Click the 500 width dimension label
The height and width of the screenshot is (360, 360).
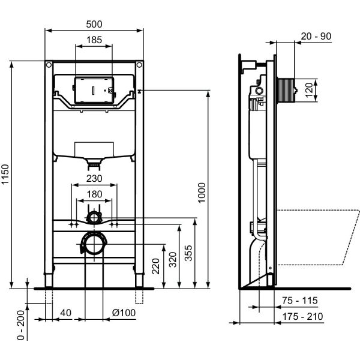tap(94, 23)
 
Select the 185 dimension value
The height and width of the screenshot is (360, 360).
tap(94, 40)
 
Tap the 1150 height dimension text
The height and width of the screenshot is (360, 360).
tap(6, 174)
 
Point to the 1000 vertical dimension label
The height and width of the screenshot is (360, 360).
tap(202, 193)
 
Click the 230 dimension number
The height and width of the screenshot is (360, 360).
tap(94, 178)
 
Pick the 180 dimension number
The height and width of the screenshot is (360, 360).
tap(94, 194)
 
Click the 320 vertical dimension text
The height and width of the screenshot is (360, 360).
tap(173, 259)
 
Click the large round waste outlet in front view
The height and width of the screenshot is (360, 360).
tap(93, 243)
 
